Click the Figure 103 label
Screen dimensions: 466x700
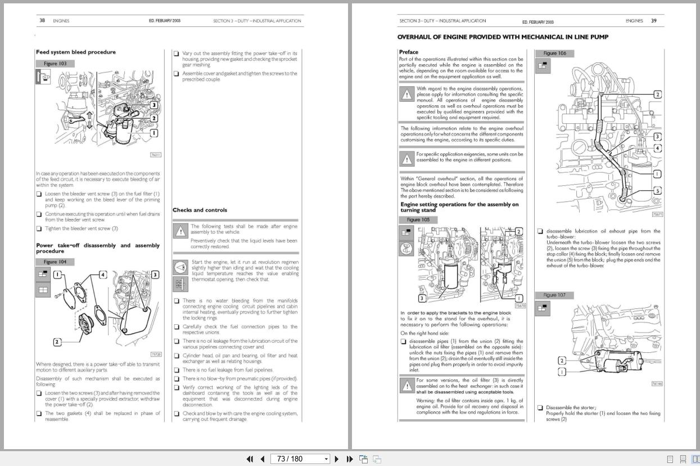point(55,64)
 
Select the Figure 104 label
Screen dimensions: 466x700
point(55,262)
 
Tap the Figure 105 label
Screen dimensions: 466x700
point(418,219)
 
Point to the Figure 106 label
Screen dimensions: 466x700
point(554,53)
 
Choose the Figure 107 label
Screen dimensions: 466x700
point(554,295)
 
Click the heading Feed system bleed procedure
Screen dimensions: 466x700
point(75,52)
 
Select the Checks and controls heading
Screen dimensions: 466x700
point(200,210)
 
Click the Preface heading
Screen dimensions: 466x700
point(408,52)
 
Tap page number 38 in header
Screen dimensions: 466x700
point(42,21)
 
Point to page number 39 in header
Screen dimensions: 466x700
point(653,21)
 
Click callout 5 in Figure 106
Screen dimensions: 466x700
point(657,191)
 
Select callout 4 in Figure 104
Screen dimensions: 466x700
point(102,275)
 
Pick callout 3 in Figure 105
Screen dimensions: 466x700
point(422,298)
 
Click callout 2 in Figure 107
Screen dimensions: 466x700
point(562,361)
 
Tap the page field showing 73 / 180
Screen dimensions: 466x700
point(300,459)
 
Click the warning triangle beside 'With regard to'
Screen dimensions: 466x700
point(407,94)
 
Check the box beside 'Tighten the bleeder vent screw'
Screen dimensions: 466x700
point(39,229)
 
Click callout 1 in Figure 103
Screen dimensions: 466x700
point(153,133)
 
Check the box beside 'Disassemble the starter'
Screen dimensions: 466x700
point(540,407)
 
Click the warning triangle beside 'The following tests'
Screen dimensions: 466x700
point(180,231)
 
